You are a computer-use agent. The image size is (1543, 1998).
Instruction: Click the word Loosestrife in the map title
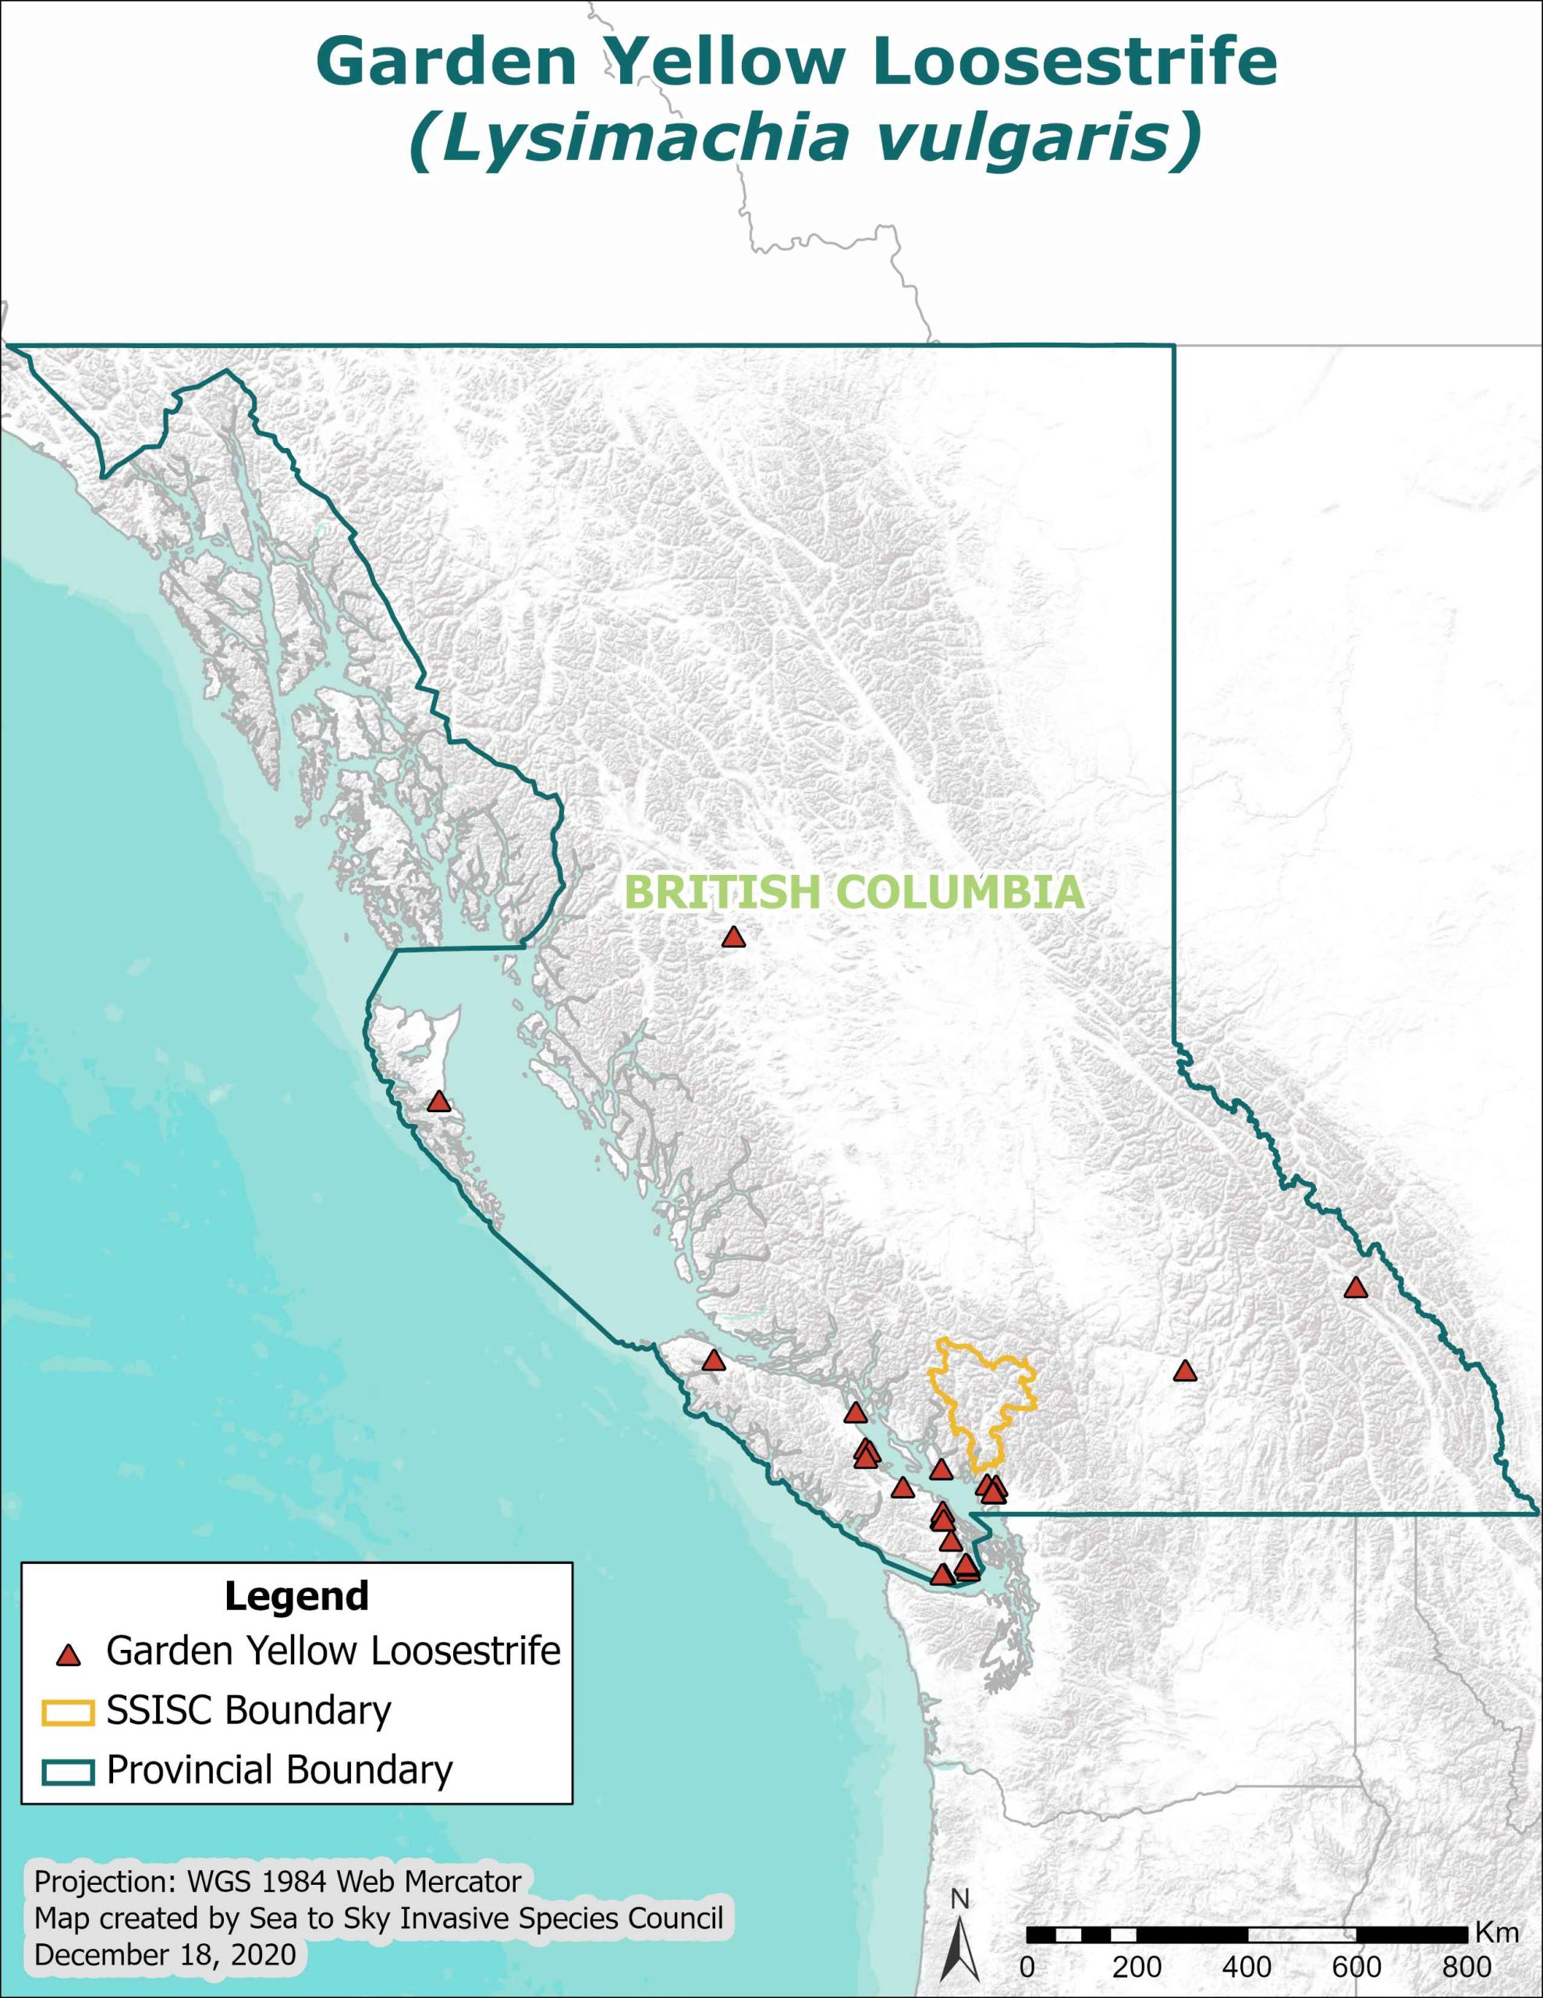pyautogui.click(x=1075, y=62)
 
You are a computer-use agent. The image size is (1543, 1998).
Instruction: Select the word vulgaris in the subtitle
pyautogui.click(x=1032, y=137)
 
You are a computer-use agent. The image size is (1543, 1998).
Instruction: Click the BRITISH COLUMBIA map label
pyautogui.click(x=854, y=893)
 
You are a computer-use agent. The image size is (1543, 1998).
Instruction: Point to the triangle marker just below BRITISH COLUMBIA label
pyautogui.click(x=732, y=937)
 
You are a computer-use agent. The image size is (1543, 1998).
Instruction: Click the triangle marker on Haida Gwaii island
pyautogui.click(x=439, y=1102)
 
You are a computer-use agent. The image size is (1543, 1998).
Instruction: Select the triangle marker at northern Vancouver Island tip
pyautogui.click(x=714, y=1361)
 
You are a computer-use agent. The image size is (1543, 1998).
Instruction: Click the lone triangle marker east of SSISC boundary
pyautogui.click(x=1184, y=1371)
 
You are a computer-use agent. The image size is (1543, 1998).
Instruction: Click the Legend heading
pyautogui.click(x=296, y=1595)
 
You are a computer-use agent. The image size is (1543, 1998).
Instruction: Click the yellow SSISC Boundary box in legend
pyautogui.click(x=68, y=1712)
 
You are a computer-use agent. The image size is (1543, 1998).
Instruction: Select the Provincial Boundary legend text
pyautogui.click(x=279, y=1770)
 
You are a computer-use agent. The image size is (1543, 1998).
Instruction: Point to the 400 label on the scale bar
pyautogui.click(x=1247, y=1965)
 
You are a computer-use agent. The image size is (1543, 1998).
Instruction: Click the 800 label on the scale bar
pyautogui.click(x=1467, y=1965)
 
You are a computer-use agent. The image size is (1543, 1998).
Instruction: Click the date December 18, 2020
pyautogui.click(x=165, y=1954)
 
